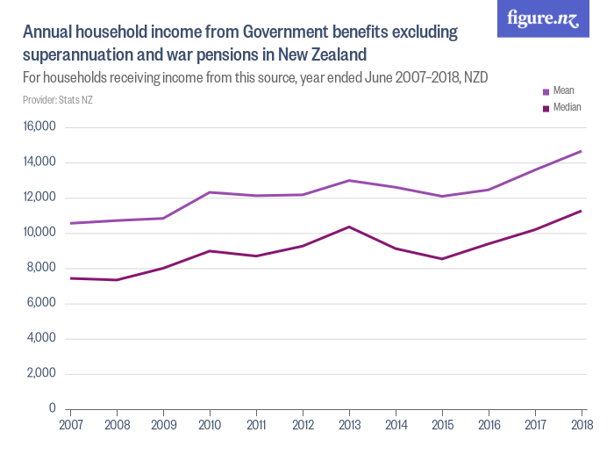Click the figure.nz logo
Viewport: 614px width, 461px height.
tap(543, 19)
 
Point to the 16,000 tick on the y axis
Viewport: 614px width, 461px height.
tap(39, 127)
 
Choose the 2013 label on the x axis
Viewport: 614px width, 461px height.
tap(349, 424)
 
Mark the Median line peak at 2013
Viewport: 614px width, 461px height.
tap(349, 227)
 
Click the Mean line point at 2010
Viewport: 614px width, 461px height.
tap(210, 192)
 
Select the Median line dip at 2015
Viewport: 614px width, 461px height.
tap(442, 259)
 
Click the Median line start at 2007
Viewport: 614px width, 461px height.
tap(70, 278)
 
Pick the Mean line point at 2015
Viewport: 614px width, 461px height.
tap(442, 196)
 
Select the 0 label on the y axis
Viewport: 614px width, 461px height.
tap(53, 409)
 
